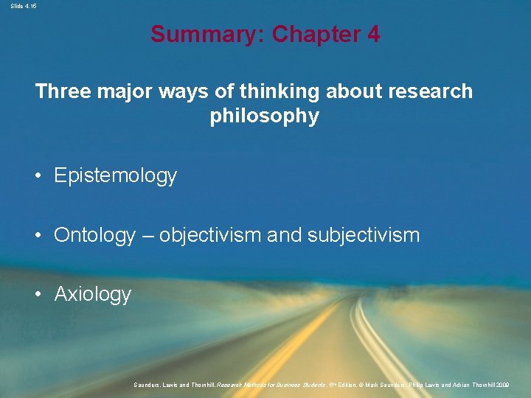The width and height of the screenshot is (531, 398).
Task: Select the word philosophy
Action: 265,116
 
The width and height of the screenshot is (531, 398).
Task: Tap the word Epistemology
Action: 116,175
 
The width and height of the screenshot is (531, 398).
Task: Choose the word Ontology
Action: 95,236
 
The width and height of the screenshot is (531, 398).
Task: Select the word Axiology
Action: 93,295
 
